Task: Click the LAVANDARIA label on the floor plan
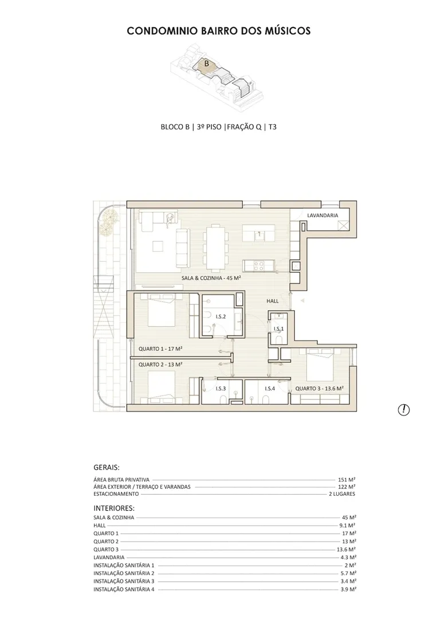click(322, 215)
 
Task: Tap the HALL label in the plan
click(272, 301)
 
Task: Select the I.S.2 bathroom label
click(221, 316)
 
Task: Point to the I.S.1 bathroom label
click(278, 328)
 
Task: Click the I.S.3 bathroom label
click(221, 389)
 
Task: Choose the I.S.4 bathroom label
click(270, 389)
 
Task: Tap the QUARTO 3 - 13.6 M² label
click(320, 389)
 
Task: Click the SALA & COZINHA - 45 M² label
click(211, 278)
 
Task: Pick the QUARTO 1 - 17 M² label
click(160, 349)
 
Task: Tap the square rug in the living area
click(158, 246)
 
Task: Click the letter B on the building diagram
click(206, 63)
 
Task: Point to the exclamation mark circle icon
click(403, 410)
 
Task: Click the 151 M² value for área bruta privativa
click(347, 480)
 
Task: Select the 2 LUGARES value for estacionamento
click(342, 494)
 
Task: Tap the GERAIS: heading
click(107, 468)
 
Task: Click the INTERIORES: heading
click(114, 508)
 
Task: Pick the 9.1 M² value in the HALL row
click(347, 526)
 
